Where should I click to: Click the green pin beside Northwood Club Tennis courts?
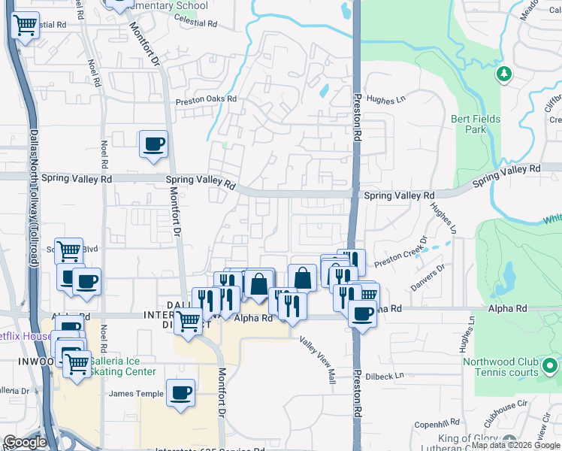click(x=549, y=367)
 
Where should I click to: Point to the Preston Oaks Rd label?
click(x=206, y=99)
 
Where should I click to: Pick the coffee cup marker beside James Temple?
click(x=180, y=392)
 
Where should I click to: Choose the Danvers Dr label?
click(x=429, y=277)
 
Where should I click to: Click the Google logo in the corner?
click(x=25, y=442)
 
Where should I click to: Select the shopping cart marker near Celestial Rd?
click(x=26, y=26)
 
